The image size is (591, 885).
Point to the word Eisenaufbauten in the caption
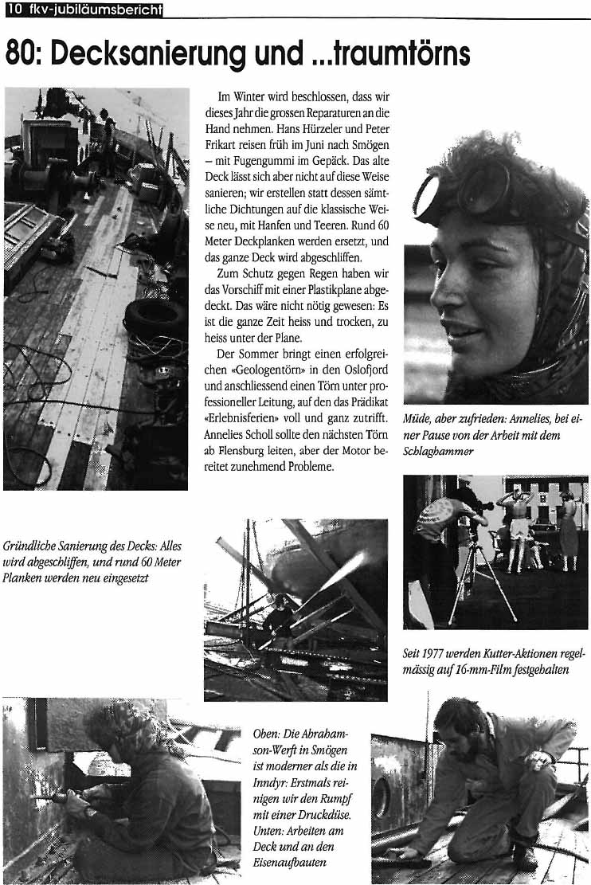pyautogui.click(x=290, y=861)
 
